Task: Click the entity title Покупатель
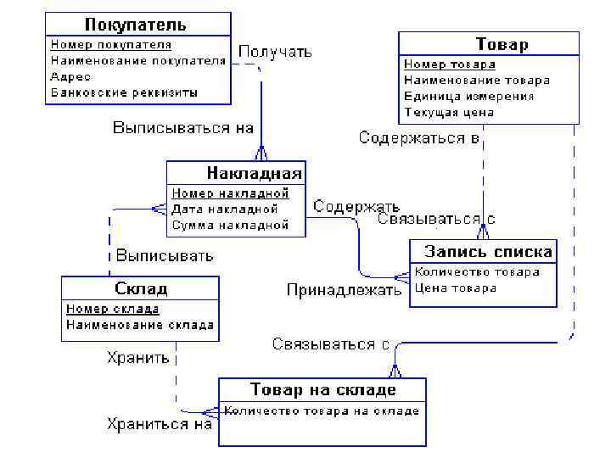(137, 25)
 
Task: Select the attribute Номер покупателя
(111, 45)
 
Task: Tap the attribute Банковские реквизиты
(124, 92)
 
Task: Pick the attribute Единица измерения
(469, 96)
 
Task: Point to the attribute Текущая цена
(449, 112)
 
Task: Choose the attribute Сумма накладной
(230, 225)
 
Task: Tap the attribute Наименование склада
(140, 325)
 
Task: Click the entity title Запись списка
(488, 252)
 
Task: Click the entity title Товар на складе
(322, 390)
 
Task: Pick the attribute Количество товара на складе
(322, 411)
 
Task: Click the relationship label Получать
(275, 52)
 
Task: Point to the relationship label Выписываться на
(184, 128)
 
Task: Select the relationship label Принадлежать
(344, 290)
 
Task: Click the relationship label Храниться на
(160, 424)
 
